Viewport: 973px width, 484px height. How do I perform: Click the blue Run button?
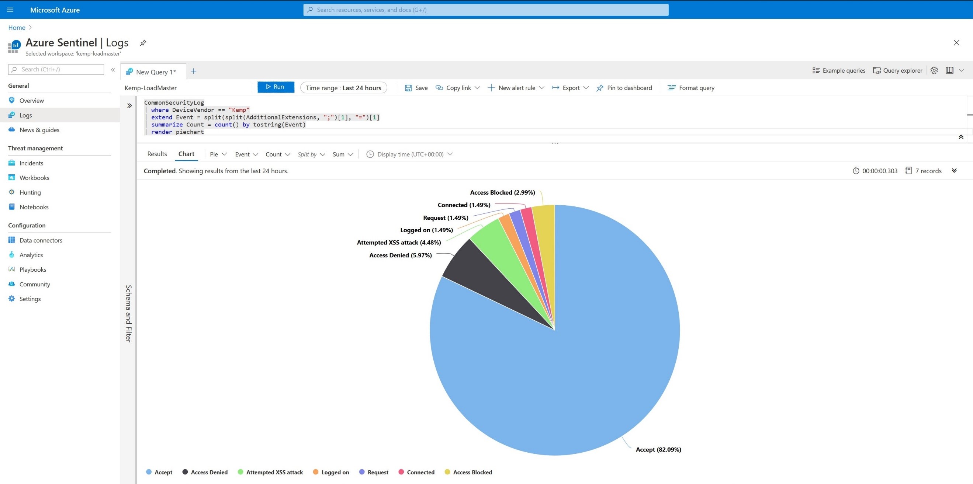point(276,87)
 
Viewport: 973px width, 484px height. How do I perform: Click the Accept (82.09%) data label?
point(658,449)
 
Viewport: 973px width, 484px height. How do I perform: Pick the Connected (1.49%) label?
point(464,205)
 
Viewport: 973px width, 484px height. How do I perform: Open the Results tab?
point(157,154)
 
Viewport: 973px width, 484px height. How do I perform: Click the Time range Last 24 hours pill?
point(343,88)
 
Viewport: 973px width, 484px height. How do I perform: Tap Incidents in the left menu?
point(31,163)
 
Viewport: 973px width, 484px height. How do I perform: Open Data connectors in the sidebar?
point(41,240)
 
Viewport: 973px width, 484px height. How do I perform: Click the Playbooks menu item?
point(33,269)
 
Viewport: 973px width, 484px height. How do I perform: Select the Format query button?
point(691,88)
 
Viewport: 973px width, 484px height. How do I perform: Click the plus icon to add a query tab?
point(193,72)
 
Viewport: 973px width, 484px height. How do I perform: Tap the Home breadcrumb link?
point(17,28)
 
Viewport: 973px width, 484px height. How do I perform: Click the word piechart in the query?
point(190,132)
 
